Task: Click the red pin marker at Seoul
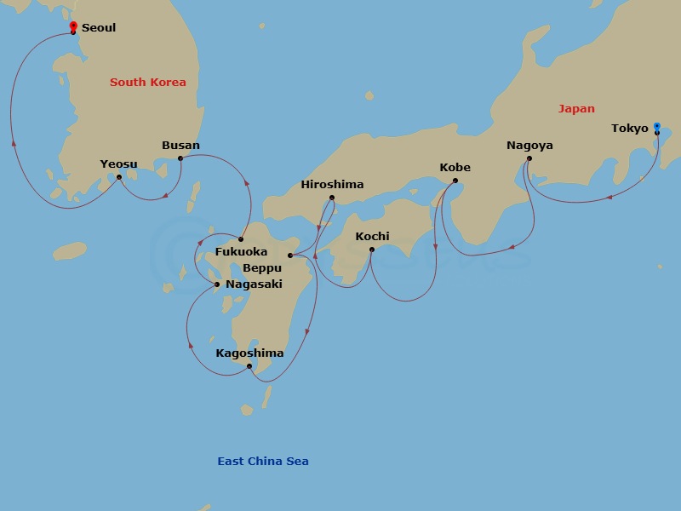click(x=73, y=26)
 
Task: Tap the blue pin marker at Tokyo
click(x=656, y=128)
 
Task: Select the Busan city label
click(x=180, y=145)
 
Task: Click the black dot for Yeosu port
click(x=119, y=177)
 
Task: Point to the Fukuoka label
click(x=241, y=252)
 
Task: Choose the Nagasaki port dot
click(x=217, y=284)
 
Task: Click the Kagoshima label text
click(x=249, y=353)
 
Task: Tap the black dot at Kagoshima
click(x=249, y=367)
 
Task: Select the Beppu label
click(x=262, y=268)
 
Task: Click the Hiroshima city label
click(x=332, y=185)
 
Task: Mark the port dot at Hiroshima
click(x=332, y=198)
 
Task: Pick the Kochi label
click(x=372, y=236)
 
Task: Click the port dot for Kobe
click(x=455, y=181)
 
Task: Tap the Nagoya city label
click(x=529, y=145)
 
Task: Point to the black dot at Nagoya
click(x=529, y=158)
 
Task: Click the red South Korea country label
click(x=148, y=83)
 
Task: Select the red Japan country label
click(x=576, y=109)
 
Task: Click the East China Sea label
click(x=263, y=462)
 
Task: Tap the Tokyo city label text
click(x=630, y=129)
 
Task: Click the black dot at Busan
click(x=180, y=158)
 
